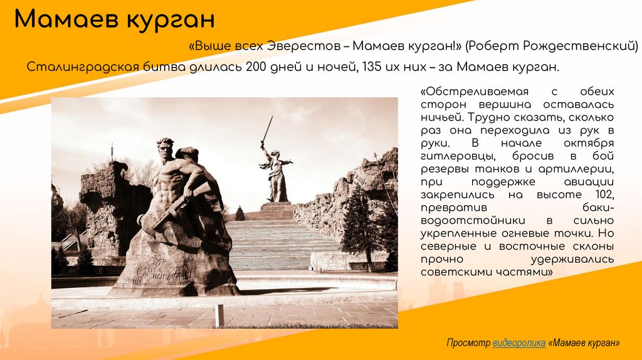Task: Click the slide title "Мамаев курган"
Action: point(115,19)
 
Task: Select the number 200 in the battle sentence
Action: point(256,66)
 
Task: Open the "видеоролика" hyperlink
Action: point(518,343)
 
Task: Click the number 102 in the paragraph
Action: point(602,195)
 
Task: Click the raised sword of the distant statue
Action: point(268,128)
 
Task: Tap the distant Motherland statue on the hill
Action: point(275,172)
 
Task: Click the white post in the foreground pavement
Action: point(219,315)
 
